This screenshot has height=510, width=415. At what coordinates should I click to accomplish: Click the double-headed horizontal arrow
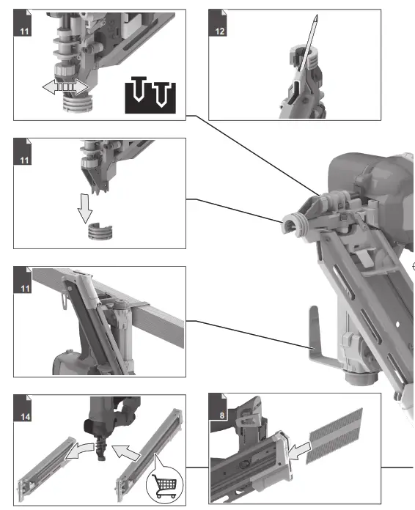pos(65,87)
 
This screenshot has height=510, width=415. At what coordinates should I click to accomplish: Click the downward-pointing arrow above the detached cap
pos(86,206)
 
